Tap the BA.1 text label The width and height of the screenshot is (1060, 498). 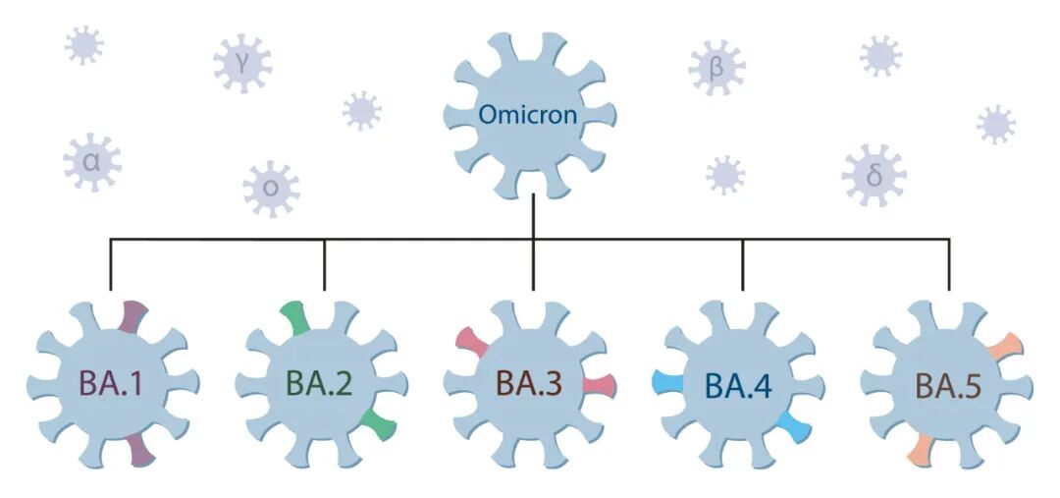click(x=111, y=383)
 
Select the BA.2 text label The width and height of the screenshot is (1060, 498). click(x=320, y=383)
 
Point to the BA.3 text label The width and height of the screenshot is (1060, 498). click(x=530, y=383)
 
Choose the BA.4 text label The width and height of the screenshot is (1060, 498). click(x=739, y=383)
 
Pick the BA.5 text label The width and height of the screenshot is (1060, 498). click(x=947, y=383)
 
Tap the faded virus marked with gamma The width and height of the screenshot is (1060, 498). click(x=241, y=64)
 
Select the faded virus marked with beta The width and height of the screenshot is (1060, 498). click(x=717, y=69)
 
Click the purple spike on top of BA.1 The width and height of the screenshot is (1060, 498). click(x=134, y=316)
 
